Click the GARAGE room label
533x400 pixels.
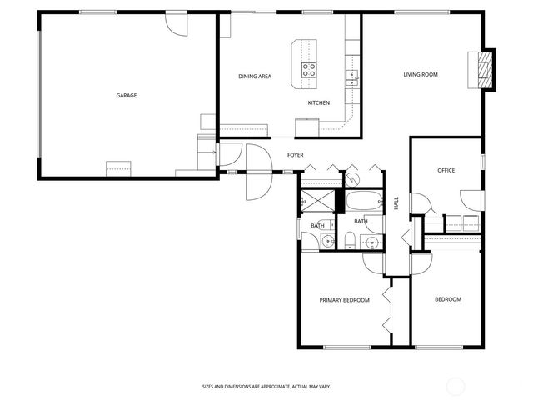[127, 96]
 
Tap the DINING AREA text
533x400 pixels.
[255, 77]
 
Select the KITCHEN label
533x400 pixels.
[319, 102]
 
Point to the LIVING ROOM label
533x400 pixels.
[421, 75]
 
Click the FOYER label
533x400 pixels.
[295, 155]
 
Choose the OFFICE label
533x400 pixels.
[446, 171]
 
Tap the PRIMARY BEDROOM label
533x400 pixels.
[344, 300]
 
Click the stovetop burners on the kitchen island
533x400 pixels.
[308, 70]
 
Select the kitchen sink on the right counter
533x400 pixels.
[352, 77]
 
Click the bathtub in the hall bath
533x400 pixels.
[362, 202]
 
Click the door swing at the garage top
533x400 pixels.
[177, 22]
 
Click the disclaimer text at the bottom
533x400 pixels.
[266, 387]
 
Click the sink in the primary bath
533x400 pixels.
[328, 242]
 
